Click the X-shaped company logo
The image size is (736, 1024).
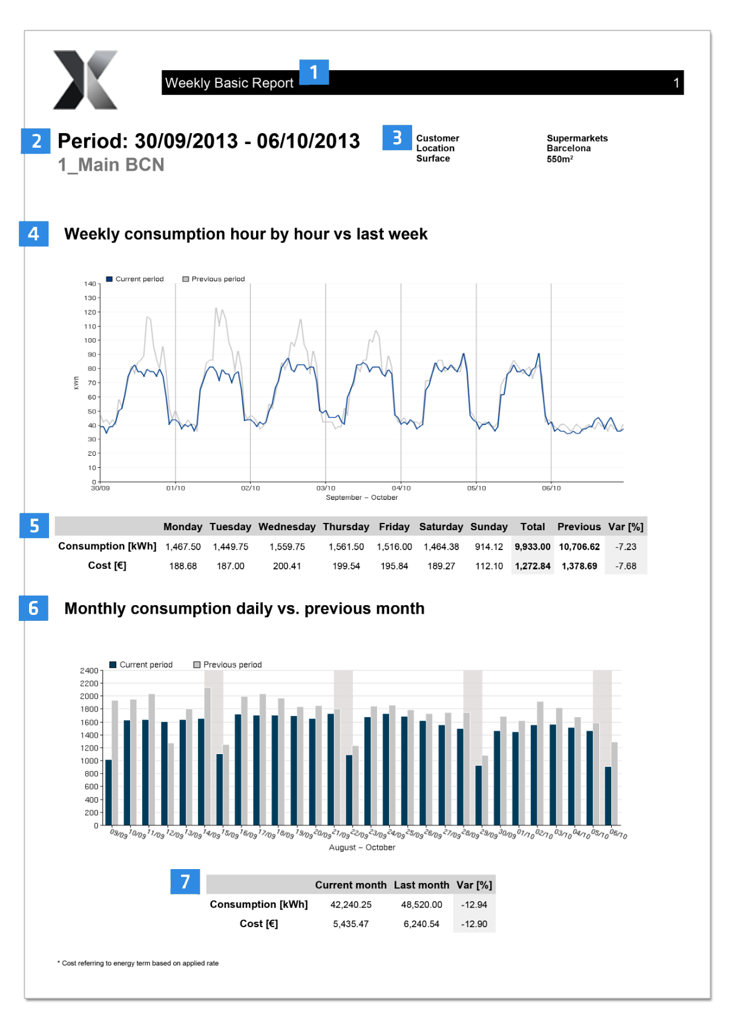(85, 80)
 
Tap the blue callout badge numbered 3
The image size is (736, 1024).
(397, 138)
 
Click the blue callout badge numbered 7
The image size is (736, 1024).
(185, 882)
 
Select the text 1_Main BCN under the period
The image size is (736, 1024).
(111, 165)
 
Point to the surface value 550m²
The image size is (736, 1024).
(559, 159)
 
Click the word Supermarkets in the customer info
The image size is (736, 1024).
(577, 138)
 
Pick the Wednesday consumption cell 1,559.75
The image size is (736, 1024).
(287, 546)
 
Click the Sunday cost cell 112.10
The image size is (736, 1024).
(488, 566)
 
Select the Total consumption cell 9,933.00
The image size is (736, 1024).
(532, 546)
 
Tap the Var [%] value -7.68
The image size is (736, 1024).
(625, 566)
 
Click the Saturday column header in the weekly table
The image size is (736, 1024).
(441, 527)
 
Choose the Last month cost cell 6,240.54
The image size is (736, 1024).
(421, 924)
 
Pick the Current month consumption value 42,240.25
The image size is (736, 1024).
(350, 904)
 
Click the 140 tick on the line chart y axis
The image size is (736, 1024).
(90, 284)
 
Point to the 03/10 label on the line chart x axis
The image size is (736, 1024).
(326, 488)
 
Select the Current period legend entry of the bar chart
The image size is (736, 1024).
(141, 665)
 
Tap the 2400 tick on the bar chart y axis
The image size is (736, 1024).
(88, 671)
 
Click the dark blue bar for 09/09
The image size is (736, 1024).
(108, 792)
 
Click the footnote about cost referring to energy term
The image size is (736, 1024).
(139, 963)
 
